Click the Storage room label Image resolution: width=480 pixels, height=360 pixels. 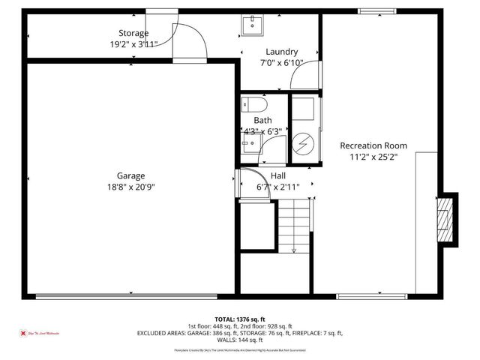click(x=133, y=33)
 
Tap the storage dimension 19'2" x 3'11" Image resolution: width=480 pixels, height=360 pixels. click(x=133, y=44)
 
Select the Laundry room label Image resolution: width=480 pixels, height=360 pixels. click(x=281, y=52)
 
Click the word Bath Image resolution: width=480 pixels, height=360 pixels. click(x=262, y=120)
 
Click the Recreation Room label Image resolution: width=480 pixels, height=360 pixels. click(x=373, y=145)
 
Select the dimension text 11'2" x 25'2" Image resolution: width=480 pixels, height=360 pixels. click(x=373, y=157)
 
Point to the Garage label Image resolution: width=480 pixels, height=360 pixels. click(x=130, y=175)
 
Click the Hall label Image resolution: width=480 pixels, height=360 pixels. click(x=277, y=175)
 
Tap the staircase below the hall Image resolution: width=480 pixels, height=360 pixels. click(x=293, y=225)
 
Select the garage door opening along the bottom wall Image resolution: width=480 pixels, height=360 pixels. click(x=130, y=296)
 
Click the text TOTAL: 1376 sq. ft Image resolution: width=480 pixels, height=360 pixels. click(x=239, y=319)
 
